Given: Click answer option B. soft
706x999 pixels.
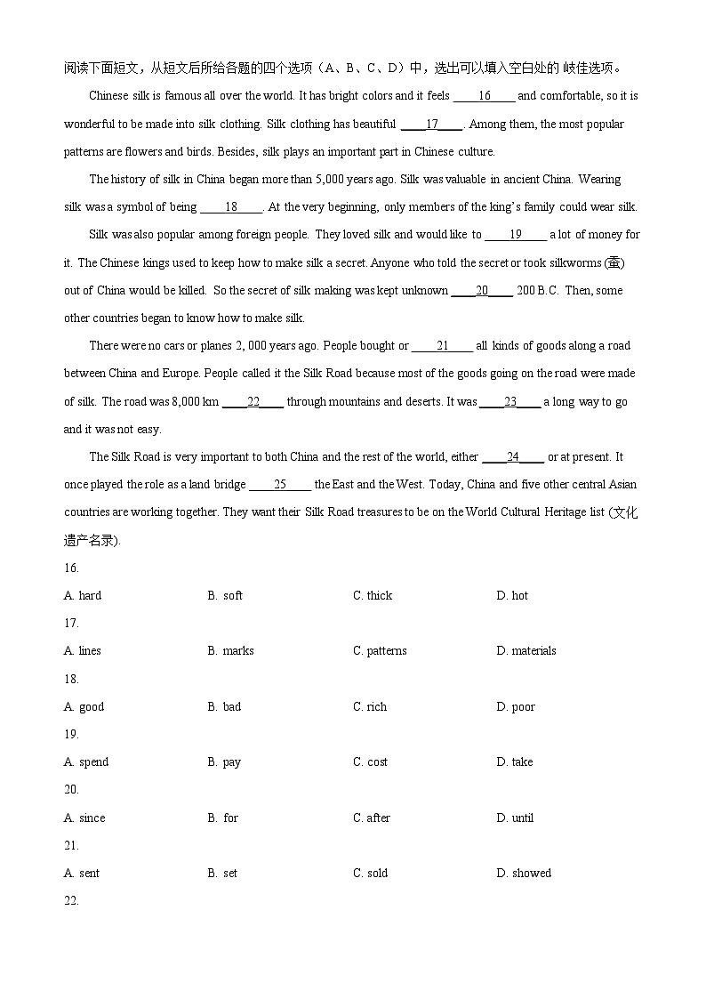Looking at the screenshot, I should click(225, 595).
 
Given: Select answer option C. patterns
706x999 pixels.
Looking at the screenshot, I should click(380, 650).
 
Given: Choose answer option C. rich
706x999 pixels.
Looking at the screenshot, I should click(370, 706).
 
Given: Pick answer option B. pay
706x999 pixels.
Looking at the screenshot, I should click(224, 761).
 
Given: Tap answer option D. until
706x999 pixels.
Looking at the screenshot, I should click(515, 818).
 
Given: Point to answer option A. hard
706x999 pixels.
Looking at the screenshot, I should click(83, 595).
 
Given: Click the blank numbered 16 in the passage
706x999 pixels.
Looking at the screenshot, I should click(484, 96).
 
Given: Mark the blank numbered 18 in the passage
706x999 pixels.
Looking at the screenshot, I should click(231, 207).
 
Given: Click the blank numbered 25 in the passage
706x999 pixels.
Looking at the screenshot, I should click(280, 485).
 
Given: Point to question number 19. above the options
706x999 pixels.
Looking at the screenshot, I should click(71, 734).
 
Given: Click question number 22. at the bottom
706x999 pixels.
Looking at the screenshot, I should click(71, 900).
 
